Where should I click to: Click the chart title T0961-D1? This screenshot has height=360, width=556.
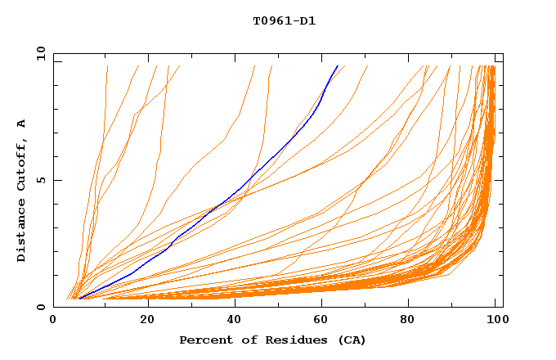(x=284, y=20)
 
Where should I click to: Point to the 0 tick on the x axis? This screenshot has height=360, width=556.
(x=54, y=321)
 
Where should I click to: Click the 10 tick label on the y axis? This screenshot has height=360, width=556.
(x=41, y=54)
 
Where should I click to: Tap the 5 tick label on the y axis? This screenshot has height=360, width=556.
(x=44, y=180)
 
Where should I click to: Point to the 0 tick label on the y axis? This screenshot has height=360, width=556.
(x=44, y=307)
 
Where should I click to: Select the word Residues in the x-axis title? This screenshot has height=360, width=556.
(x=283, y=340)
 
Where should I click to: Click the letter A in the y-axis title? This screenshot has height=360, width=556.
(x=22, y=123)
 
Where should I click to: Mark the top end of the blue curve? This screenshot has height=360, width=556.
(x=337, y=66)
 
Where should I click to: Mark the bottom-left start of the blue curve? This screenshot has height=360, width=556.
(x=78, y=299)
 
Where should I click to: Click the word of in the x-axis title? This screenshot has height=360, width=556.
(x=243, y=340)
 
